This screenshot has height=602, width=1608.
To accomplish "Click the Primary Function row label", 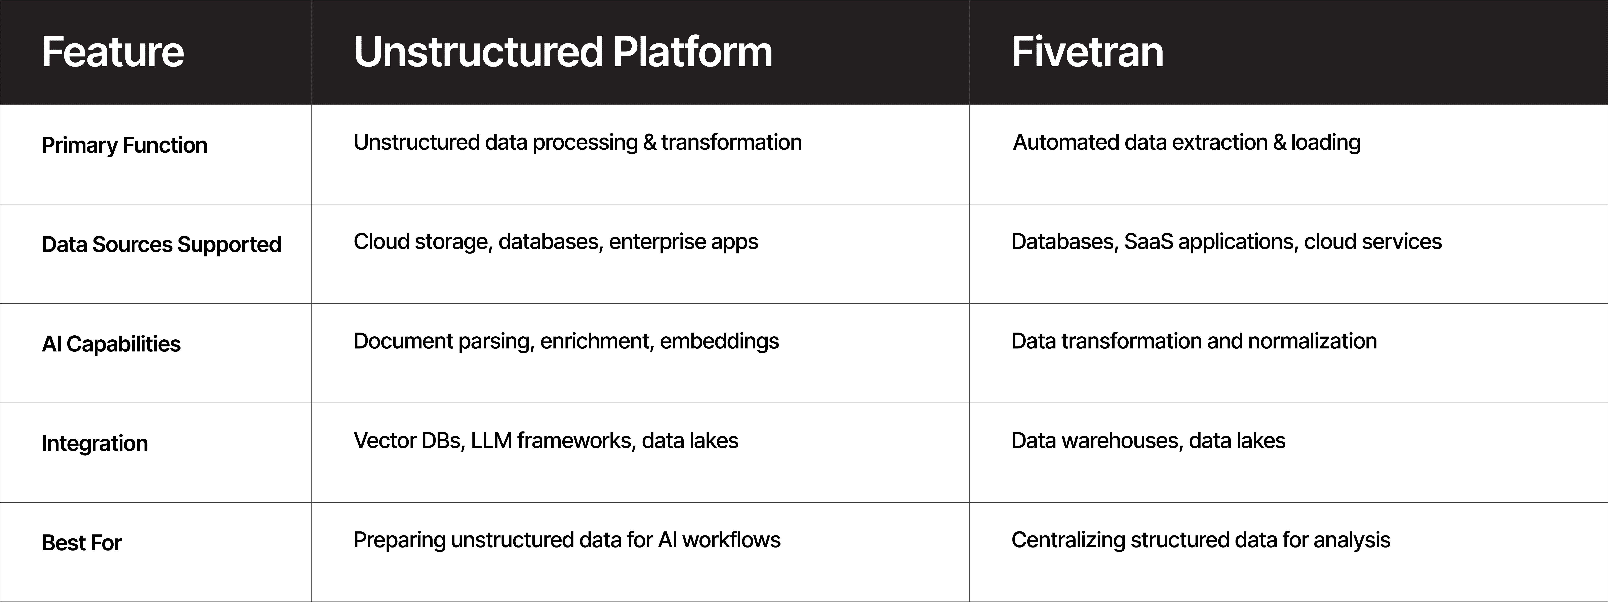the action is (124, 145).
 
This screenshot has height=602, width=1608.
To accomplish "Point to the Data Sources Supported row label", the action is (161, 244).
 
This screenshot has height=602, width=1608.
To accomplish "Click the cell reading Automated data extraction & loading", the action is (1186, 142).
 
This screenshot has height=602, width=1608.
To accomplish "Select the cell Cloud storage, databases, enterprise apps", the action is (556, 242).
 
